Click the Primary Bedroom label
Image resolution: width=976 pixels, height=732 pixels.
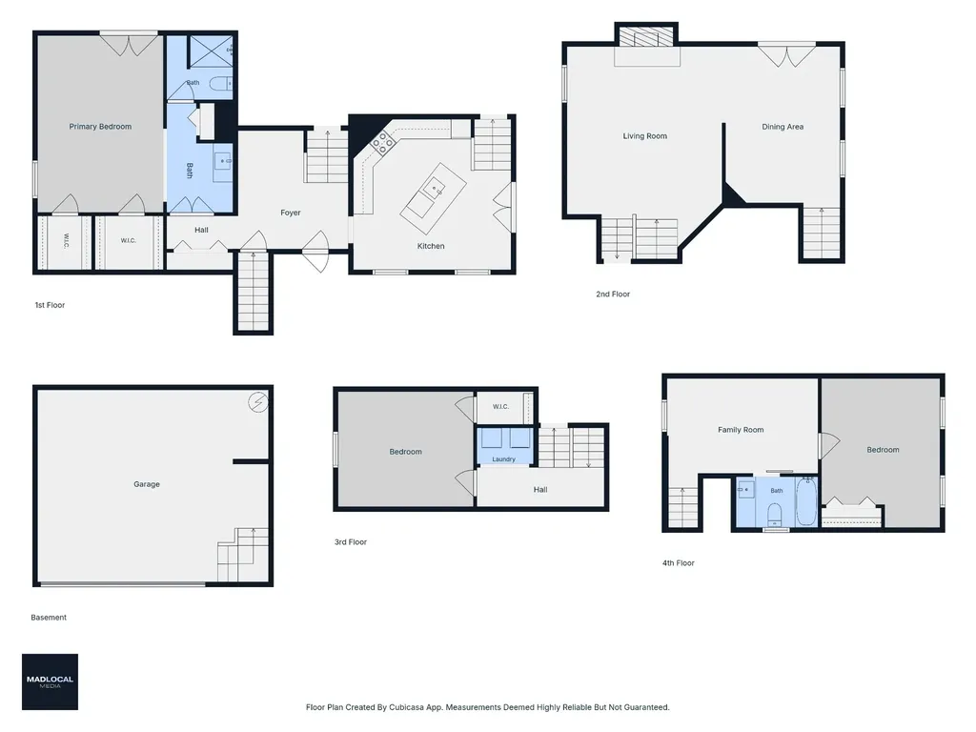[x=100, y=127]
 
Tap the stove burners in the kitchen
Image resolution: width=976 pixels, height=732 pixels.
[x=382, y=145]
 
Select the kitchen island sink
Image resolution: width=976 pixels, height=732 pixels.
[x=434, y=187]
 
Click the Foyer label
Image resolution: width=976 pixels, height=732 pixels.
[x=290, y=213]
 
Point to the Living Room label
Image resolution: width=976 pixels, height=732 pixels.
[x=645, y=135]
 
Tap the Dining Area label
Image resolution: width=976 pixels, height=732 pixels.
[x=783, y=127]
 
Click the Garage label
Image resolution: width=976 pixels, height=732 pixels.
[x=147, y=483]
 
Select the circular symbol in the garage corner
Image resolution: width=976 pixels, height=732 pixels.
[x=257, y=402]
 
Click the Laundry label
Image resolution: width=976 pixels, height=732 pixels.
[x=503, y=459]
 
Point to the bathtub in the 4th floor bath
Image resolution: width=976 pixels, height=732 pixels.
[x=806, y=501]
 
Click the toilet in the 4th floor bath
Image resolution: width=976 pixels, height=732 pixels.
[x=775, y=514]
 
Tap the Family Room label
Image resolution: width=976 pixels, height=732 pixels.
[x=741, y=430]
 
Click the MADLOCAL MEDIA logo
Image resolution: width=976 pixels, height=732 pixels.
[x=50, y=681]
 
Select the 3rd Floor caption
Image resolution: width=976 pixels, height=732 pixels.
[x=351, y=541]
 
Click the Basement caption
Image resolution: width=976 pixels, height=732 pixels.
[x=49, y=618]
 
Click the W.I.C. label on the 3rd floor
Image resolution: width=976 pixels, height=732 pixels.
[x=500, y=406]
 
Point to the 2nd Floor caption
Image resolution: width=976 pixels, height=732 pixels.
[x=613, y=294]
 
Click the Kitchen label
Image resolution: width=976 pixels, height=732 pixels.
[x=431, y=246]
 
